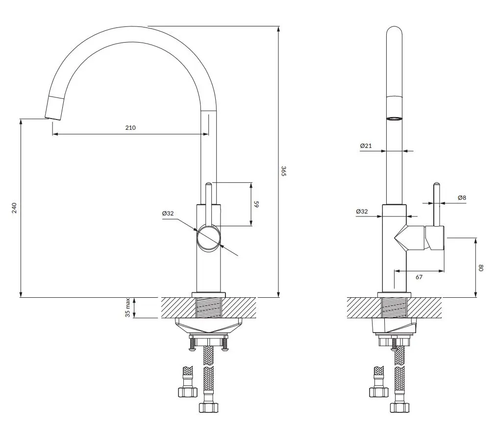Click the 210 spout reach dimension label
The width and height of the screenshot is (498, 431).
(130, 128)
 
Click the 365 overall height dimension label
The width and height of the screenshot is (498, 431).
(284, 171)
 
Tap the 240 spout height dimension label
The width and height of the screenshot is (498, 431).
(14, 208)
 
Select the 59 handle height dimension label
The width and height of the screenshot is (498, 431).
(256, 204)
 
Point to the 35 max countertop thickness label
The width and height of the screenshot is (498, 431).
(127, 308)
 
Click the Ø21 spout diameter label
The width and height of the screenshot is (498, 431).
(366, 145)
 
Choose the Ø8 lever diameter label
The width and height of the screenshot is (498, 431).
(462, 197)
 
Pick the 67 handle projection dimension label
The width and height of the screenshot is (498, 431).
(419, 277)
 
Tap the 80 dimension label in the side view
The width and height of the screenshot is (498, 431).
(481, 268)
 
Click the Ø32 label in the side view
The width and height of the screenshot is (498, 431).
(362, 212)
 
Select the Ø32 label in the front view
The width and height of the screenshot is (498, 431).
(168, 213)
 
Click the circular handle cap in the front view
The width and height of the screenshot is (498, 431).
(208, 238)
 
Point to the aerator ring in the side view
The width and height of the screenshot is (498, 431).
(394, 119)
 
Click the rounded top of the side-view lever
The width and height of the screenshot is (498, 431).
(437, 184)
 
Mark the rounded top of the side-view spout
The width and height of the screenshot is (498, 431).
(394, 30)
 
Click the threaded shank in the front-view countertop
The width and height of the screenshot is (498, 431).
(208, 308)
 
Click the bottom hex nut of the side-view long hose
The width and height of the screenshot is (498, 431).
(399, 407)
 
